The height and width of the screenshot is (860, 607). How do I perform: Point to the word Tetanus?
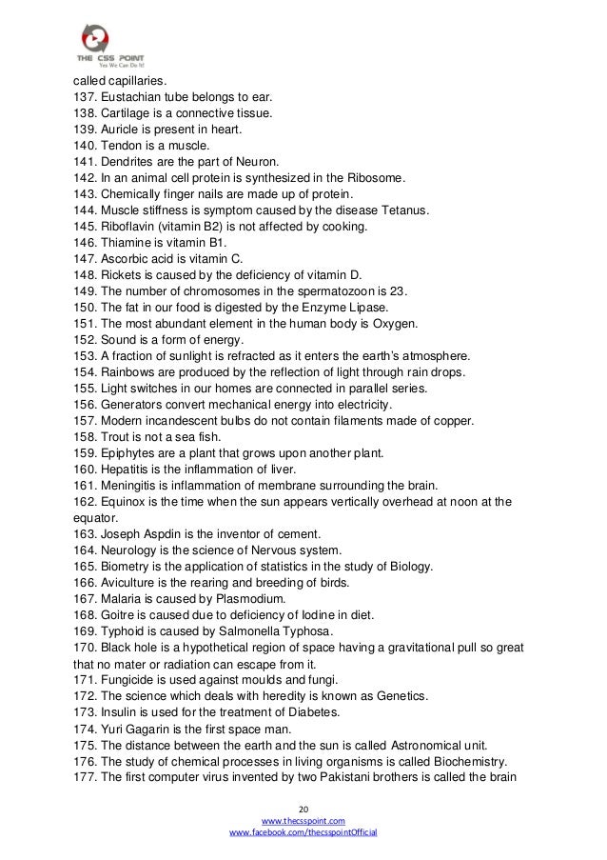tap(403, 208)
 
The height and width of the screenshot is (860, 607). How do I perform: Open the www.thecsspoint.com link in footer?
tap(303, 819)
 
